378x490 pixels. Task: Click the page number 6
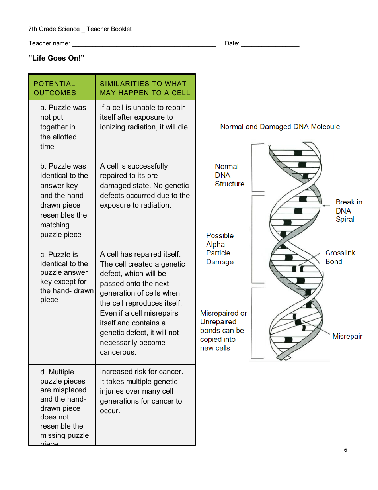[x=345, y=450]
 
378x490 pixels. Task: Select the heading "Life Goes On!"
[x=56, y=58]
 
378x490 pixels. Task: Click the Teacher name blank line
[x=143, y=44]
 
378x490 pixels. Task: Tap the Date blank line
[x=270, y=44]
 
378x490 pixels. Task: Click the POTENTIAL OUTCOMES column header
[x=55, y=88]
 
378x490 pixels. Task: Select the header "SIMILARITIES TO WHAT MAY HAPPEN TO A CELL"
[x=145, y=88]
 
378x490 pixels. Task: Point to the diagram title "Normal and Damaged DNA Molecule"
[x=280, y=127]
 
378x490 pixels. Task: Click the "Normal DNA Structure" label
[x=229, y=175]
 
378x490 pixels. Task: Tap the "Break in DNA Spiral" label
[x=349, y=211]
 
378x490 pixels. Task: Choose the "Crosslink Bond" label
[x=340, y=257]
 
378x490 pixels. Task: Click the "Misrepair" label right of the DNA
[x=347, y=336]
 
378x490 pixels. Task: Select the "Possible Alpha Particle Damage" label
[x=220, y=249]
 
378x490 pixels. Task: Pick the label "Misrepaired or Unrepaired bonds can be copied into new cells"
[x=223, y=331]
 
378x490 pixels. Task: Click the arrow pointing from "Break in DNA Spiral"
[x=326, y=205]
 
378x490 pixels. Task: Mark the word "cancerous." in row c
[x=118, y=352]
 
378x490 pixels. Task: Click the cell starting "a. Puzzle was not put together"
[x=62, y=127]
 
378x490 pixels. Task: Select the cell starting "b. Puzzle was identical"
[x=64, y=200]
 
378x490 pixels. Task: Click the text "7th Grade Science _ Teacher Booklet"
[x=80, y=29]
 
